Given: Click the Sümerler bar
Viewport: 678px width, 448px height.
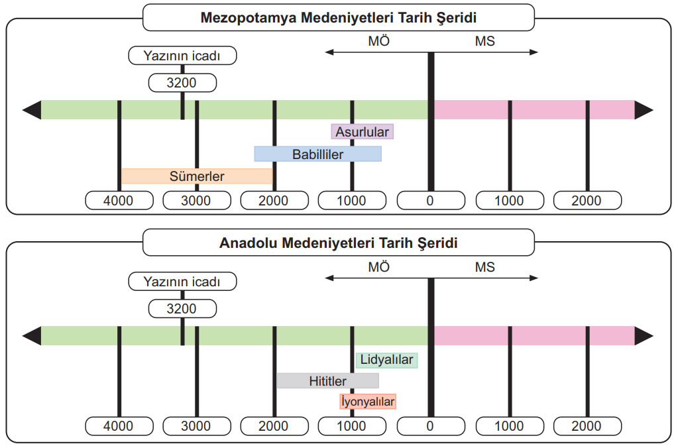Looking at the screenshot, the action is [197, 176].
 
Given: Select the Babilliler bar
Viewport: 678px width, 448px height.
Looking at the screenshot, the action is [318, 154].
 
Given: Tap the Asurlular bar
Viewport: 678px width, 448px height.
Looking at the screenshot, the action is [363, 131].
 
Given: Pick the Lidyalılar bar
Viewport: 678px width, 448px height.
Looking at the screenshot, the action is [386, 359].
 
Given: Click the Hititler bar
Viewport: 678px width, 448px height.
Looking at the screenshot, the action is [328, 380].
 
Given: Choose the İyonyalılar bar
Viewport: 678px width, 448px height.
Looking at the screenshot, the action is [368, 402].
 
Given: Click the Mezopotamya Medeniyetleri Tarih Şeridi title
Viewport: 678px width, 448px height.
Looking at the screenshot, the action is [339, 17].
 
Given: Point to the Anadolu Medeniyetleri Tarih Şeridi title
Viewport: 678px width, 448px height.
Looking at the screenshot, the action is [339, 243].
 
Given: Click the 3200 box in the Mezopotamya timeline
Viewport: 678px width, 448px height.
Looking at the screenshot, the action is [182, 83].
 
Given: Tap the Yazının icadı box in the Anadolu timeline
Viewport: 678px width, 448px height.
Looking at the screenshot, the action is [182, 282].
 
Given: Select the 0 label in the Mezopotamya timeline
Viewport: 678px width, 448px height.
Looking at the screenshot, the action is [431, 201].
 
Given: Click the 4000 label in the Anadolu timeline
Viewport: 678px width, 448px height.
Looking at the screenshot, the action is [119, 426].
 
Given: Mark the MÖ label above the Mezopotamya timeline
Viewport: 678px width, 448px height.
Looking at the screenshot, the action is [379, 41].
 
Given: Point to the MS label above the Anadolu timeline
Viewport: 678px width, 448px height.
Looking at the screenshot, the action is [484, 267].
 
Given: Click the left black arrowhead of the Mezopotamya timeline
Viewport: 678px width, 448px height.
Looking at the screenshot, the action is [32, 110].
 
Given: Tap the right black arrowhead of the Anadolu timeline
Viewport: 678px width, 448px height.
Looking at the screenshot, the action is [644, 336].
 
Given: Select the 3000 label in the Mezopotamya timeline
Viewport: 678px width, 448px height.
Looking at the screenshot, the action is [197, 201].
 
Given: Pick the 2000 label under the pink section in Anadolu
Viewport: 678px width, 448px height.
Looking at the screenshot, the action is [587, 426].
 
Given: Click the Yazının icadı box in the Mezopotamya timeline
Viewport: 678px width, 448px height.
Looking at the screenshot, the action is [182, 56].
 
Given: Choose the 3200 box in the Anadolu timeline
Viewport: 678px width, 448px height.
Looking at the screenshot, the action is [182, 309].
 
